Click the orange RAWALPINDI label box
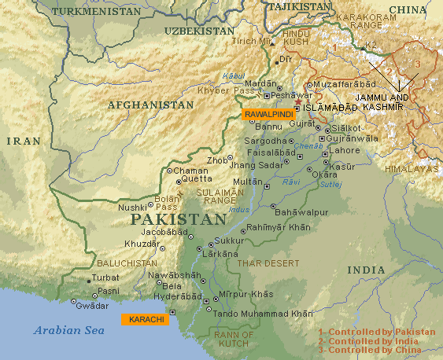[x=268, y=114]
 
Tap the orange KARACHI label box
[x=142, y=319]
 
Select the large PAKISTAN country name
[x=178, y=219]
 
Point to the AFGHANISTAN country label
[x=150, y=104]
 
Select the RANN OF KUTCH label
[x=236, y=339]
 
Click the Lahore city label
[x=345, y=149]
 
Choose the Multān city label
[x=248, y=181]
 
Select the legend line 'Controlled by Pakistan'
[x=376, y=332]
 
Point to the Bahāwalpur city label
[x=302, y=211]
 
